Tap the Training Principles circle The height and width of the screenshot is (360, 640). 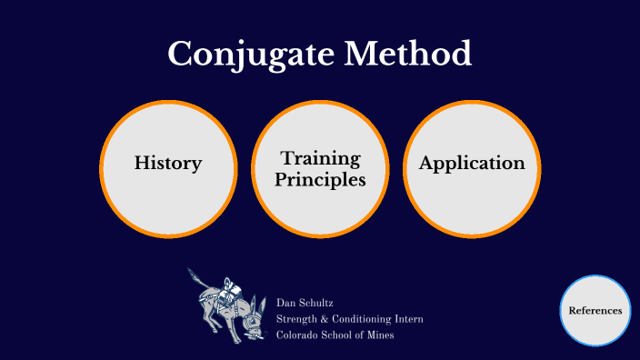[x=321, y=169]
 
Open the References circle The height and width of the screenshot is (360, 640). [x=595, y=311]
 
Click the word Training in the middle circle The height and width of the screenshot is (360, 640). [x=321, y=159]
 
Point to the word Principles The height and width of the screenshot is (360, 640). [x=321, y=180]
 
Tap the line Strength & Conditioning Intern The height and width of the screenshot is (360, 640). [x=349, y=319]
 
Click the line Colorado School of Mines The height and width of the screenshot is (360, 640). [x=335, y=335]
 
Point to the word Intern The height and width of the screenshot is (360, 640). [x=408, y=319]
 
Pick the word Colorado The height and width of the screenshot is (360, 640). [x=297, y=335]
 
